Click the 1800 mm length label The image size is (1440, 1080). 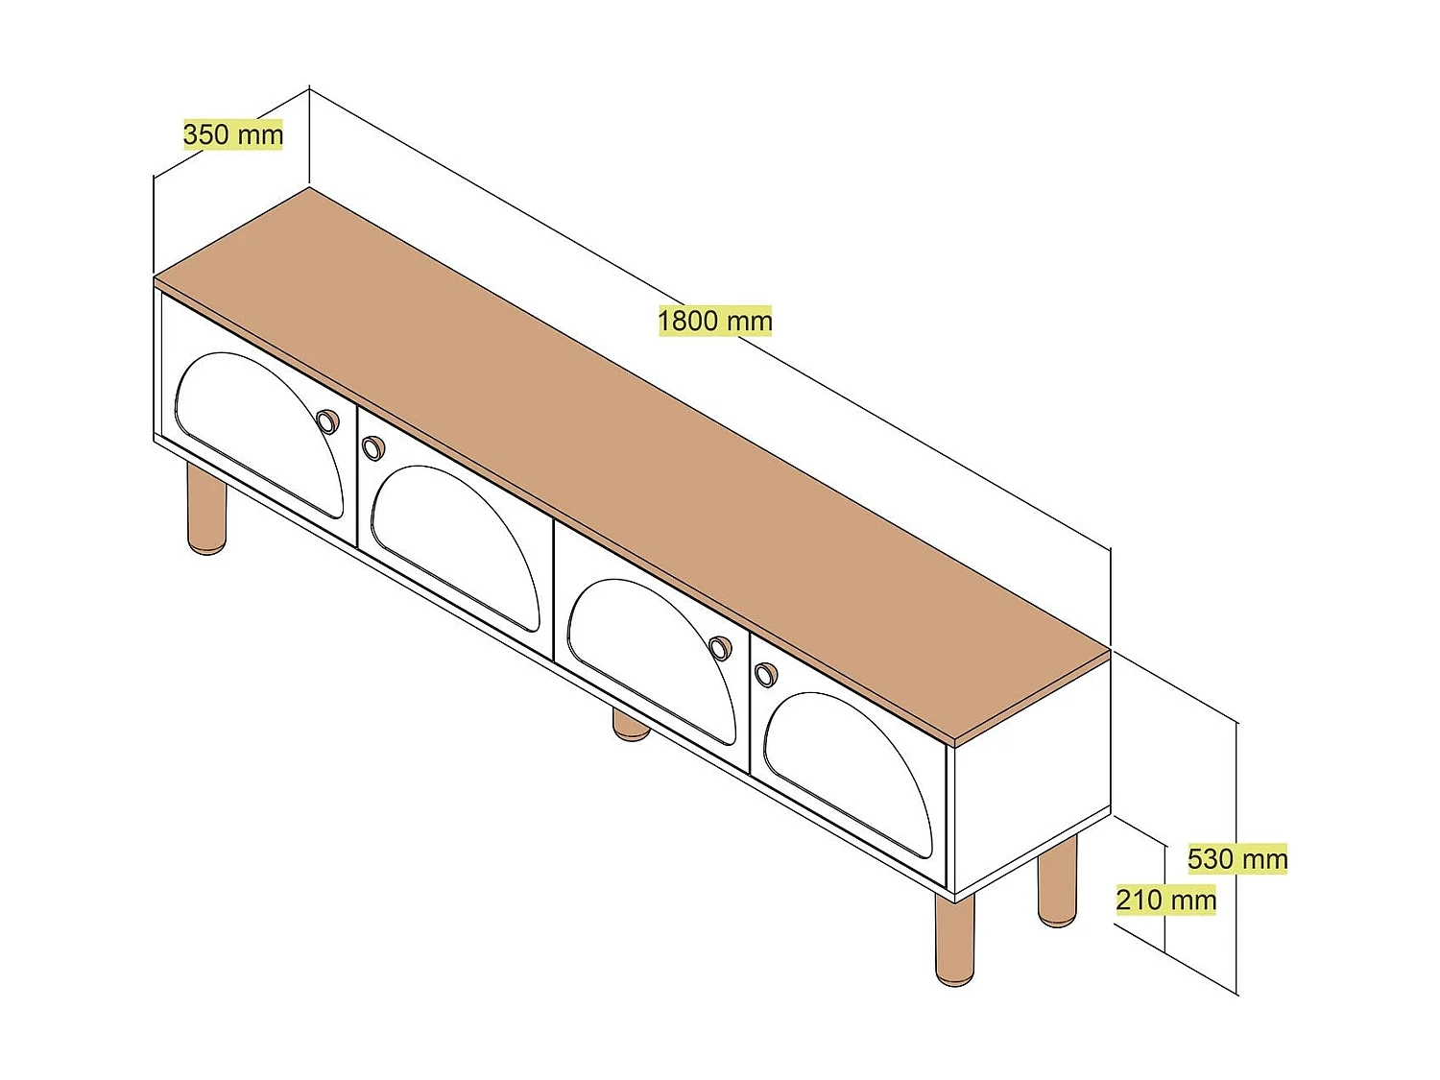pyautogui.click(x=715, y=321)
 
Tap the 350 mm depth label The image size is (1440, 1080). pyautogui.click(x=233, y=134)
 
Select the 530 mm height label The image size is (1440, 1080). pyautogui.click(x=1237, y=858)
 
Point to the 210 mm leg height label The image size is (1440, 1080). pyautogui.click(x=1165, y=900)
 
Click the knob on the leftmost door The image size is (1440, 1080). pyautogui.click(x=327, y=421)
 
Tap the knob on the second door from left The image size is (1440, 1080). pyautogui.click(x=372, y=447)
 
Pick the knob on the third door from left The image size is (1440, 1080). pyautogui.click(x=719, y=649)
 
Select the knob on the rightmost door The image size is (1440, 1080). pyautogui.click(x=764, y=674)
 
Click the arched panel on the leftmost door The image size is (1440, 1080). pyautogui.click(x=259, y=432)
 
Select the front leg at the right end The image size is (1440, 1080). pyautogui.click(x=954, y=941)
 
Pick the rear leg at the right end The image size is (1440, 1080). pyautogui.click(x=1057, y=881)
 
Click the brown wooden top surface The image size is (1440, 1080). pyautogui.click(x=634, y=461)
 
